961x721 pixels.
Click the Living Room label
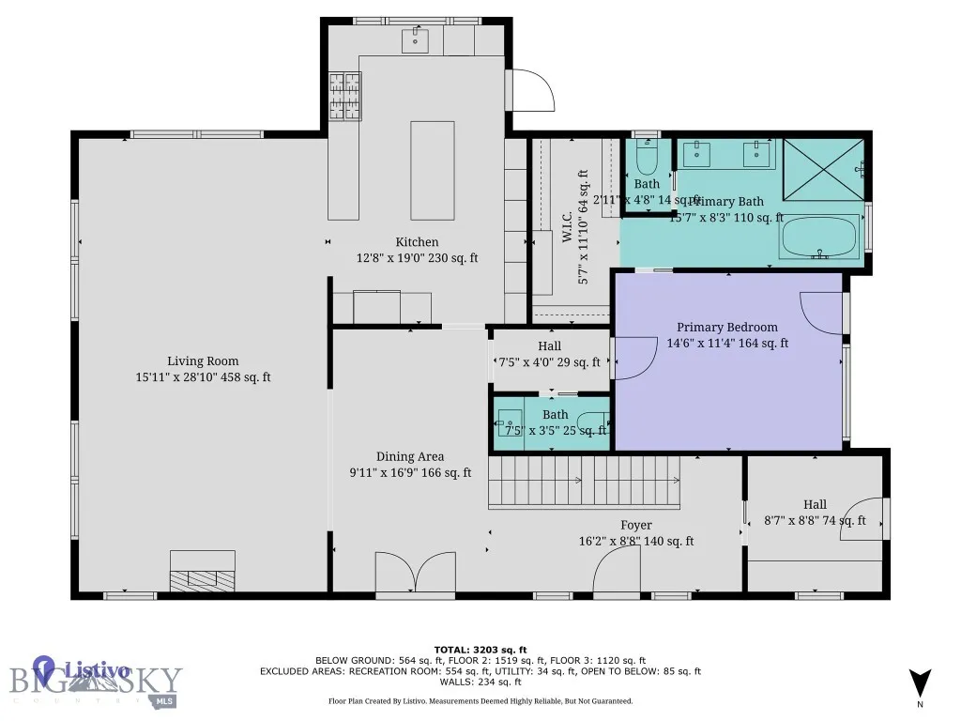pos(203,360)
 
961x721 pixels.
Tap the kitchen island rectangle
pos(432,170)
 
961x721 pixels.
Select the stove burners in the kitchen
pos(344,91)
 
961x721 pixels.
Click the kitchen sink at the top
pos(416,40)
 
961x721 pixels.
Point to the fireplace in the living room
pos(202,571)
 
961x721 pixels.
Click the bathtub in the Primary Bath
pos(818,238)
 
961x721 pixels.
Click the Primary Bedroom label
pos(727,327)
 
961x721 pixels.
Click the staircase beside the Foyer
pos(584,480)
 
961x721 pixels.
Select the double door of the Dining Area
pos(414,574)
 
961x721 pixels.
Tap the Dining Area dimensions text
pos(410,473)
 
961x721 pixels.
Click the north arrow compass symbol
pos(920,683)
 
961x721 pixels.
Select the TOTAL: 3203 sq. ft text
pos(480,650)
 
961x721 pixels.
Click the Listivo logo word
pos(97,670)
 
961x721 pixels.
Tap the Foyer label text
pos(635,525)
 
